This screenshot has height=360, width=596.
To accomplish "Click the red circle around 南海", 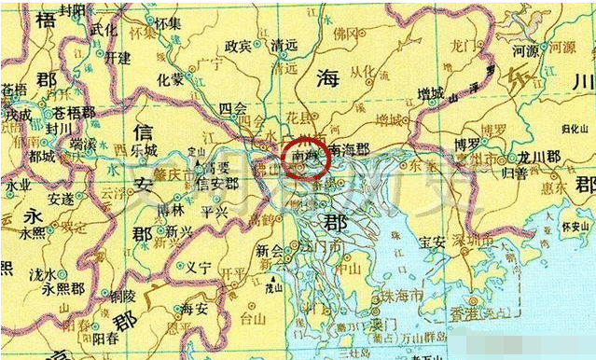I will point(306,155).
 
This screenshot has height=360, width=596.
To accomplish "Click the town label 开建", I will point(118,57).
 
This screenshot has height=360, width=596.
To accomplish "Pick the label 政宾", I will point(239,45).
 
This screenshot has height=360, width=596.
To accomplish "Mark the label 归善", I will point(545,172).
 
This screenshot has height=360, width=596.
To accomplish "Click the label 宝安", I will point(435,242).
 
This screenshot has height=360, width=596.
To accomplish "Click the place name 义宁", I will point(200,266).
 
